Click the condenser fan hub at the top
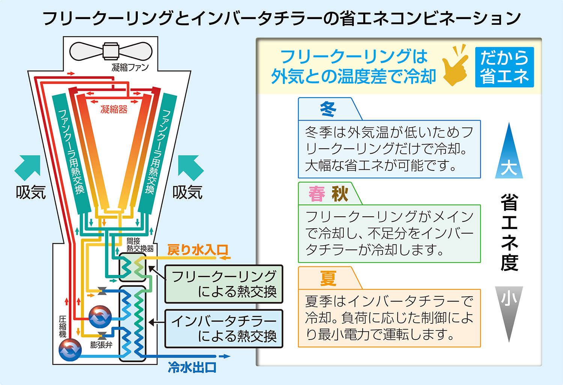(x=111, y=51)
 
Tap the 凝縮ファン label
(x=130, y=67)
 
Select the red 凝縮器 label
(x=114, y=109)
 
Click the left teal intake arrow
(x=27, y=168)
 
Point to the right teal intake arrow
(x=191, y=168)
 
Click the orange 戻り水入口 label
(x=197, y=250)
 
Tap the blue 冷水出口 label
(x=192, y=368)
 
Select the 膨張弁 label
(x=101, y=344)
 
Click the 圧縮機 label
(x=63, y=327)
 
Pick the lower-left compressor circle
(x=70, y=350)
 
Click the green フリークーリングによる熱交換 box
(x=224, y=284)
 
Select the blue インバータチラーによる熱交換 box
(x=224, y=329)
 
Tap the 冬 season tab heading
(x=328, y=109)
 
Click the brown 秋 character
(x=340, y=194)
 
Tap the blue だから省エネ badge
(x=504, y=67)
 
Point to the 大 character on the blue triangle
(x=509, y=168)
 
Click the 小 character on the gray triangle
(x=509, y=299)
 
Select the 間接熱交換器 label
(x=140, y=245)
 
